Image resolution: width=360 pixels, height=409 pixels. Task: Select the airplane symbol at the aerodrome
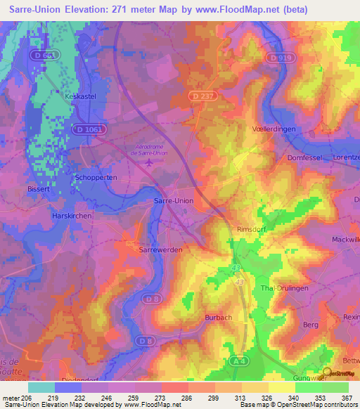tap(148, 163)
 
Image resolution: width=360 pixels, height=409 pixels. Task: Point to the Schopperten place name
tap(96, 178)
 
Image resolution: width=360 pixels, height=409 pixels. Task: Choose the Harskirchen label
tap(72, 216)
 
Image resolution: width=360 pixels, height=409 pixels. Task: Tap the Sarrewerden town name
tap(145, 249)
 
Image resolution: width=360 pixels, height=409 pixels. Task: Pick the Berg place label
tap(310, 325)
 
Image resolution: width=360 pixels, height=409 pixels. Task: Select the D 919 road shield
tap(278, 58)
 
